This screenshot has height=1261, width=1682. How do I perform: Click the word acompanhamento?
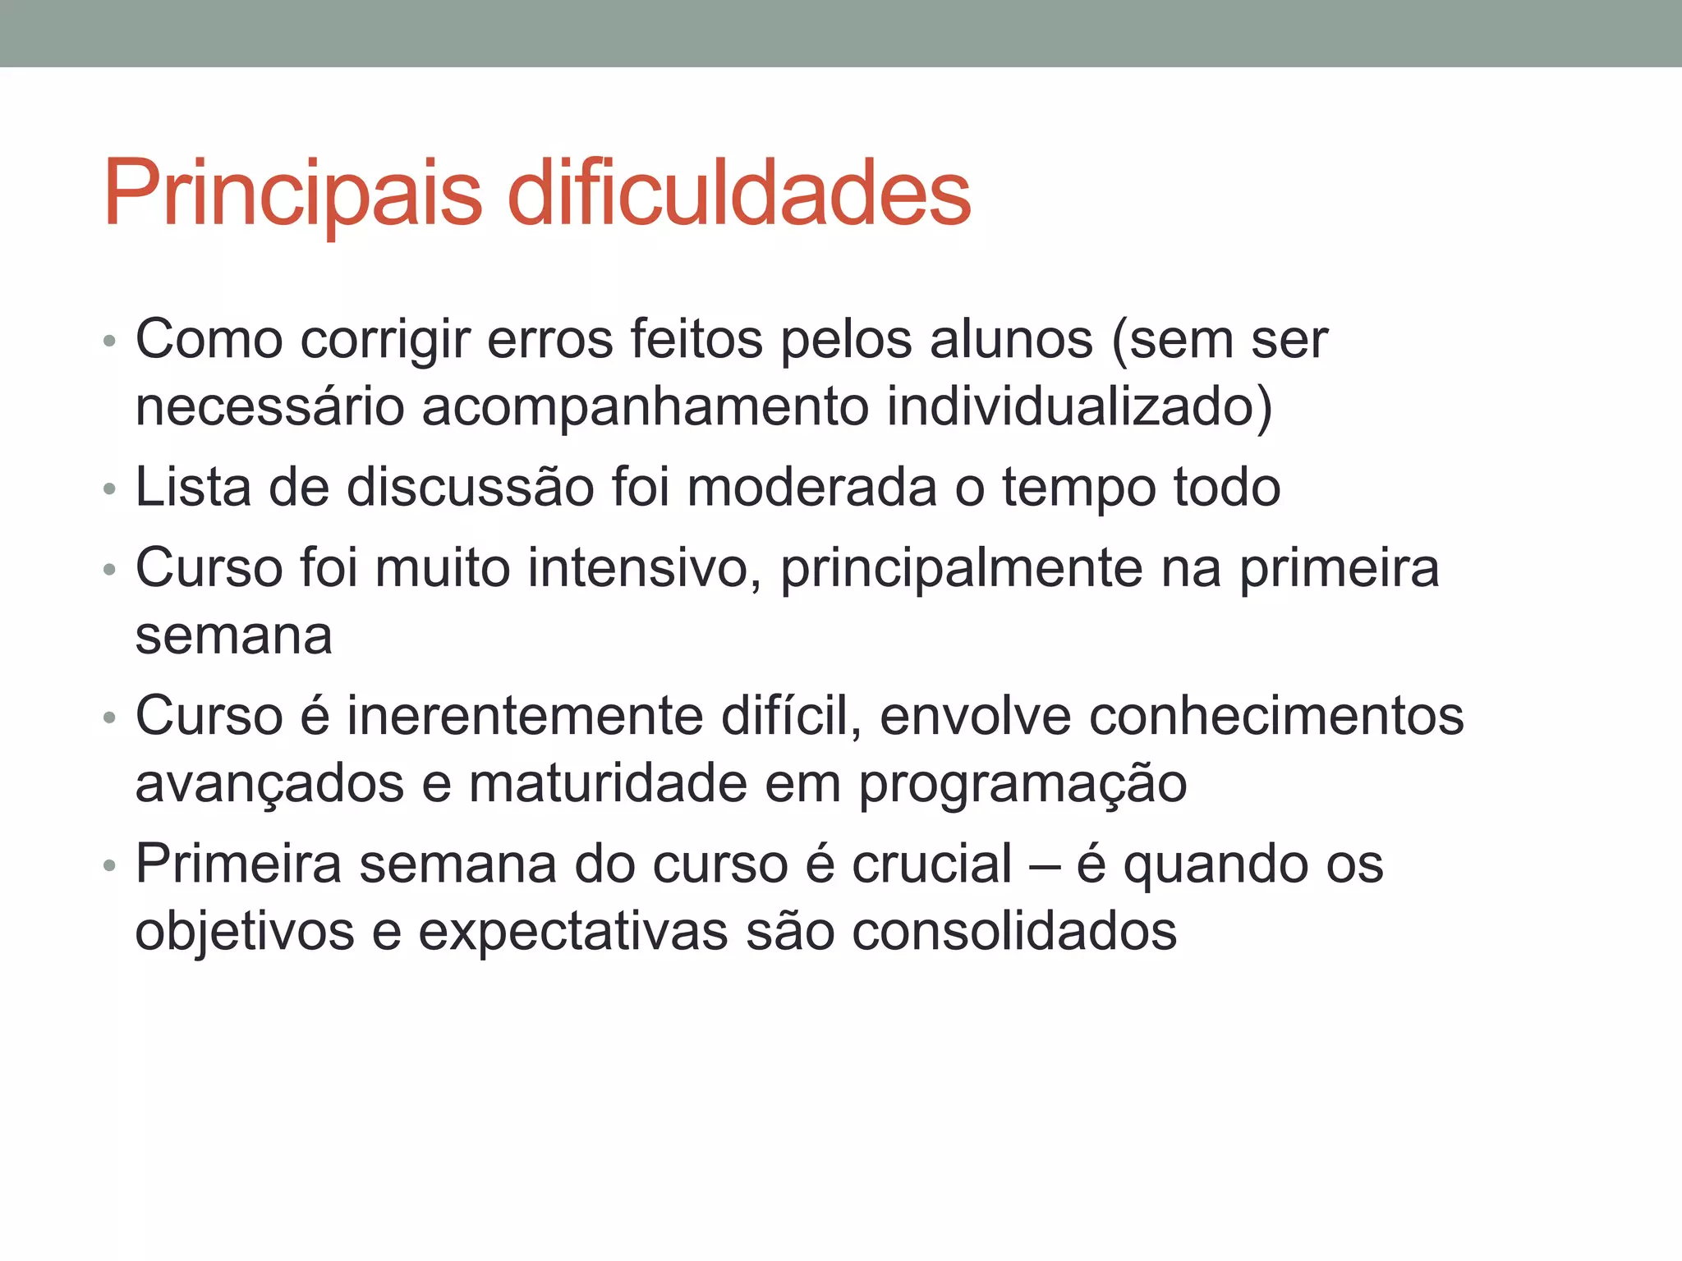(x=645, y=407)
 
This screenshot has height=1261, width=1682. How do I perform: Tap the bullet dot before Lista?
(x=110, y=490)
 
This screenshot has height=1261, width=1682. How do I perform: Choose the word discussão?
(x=471, y=487)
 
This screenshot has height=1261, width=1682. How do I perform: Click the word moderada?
(x=811, y=487)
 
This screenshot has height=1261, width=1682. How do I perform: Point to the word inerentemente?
(x=525, y=716)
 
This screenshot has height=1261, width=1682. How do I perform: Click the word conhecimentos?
(x=1276, y=716)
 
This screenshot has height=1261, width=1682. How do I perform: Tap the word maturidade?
(x=608, y=783)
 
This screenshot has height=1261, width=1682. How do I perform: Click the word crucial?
(x=931, y=864)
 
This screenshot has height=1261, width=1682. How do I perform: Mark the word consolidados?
(x=1013, y=931)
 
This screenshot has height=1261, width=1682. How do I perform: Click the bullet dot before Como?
(x=110, y=342)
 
